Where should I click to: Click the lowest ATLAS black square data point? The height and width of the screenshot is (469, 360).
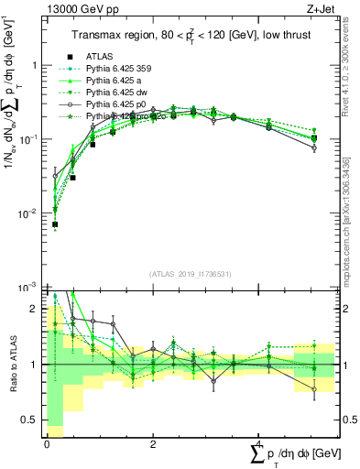click(x=55, y=224)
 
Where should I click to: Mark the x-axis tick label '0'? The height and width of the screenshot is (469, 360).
click(x=47, y=442)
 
